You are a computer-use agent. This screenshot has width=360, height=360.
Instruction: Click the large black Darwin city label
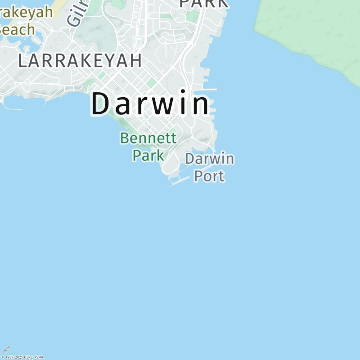tap(150, 104)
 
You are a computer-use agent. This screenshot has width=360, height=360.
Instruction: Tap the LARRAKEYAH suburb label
tap(80, 61)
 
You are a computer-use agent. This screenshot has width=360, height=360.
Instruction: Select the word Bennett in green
tap(148, 138)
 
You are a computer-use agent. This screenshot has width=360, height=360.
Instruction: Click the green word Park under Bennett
tap(148, 155)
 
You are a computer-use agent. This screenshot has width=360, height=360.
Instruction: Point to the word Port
tap(209, 175)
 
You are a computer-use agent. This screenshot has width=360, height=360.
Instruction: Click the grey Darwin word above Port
tap(210, 159)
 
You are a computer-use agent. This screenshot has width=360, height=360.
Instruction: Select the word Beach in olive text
tap(16, 29)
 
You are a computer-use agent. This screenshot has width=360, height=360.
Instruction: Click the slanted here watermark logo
tap(6, 349)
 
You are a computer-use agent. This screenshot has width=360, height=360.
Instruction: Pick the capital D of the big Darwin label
tap(101, 104)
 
